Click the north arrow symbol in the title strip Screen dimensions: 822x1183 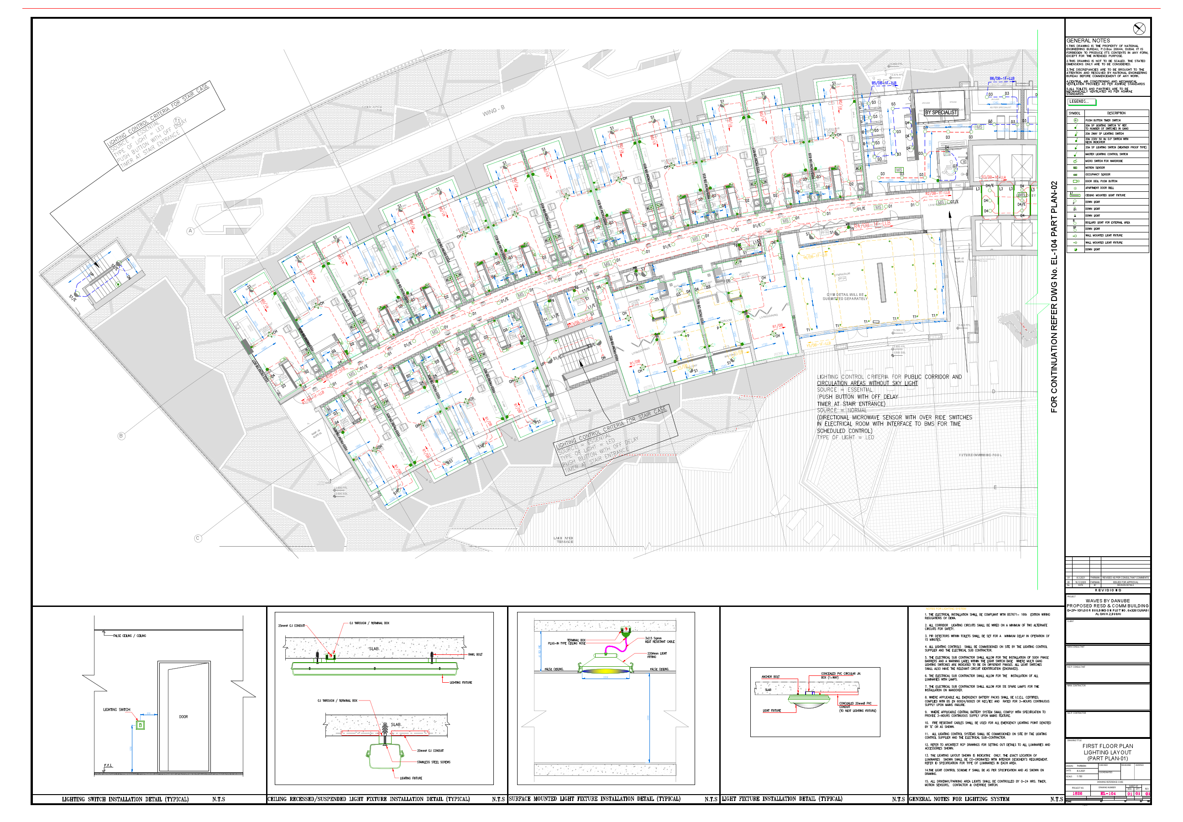tap(1139, 29)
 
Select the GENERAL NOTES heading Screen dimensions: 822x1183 tap(1087, 41)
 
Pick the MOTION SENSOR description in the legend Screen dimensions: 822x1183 tap(1095, 168)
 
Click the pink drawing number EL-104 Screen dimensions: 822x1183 tap(1108, 794)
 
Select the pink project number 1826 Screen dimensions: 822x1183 tap(1077, 794)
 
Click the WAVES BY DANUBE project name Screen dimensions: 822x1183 tap(1107, 601)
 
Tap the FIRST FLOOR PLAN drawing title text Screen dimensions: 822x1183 tap(1107, 746)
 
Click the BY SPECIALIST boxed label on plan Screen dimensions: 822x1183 tap(941, 112)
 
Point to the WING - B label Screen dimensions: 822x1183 tap(493, 111)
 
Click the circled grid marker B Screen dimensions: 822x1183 tap(121, 436)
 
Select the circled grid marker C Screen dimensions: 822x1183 tap(198, 538)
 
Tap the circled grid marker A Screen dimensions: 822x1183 tap(190, 231)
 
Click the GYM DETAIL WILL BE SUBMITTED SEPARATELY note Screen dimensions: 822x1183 tap(845, 297)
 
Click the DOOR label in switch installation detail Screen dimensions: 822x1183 tap(183, 717)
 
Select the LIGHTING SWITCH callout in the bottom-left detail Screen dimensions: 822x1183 tap(117, 710)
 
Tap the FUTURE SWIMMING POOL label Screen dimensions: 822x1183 tap(979, 455)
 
